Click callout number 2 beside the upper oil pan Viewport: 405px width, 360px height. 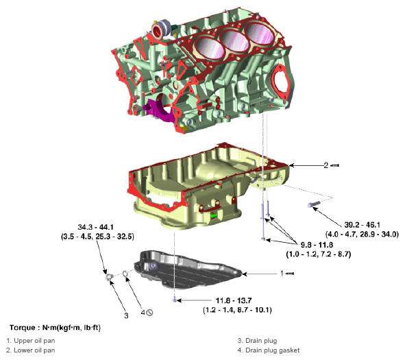tap(326, 165)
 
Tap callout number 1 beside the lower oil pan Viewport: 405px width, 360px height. tap(282, 273)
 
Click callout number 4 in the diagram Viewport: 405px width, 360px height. tap(143, 313)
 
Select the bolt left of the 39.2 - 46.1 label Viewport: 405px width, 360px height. tap(315, 204)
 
